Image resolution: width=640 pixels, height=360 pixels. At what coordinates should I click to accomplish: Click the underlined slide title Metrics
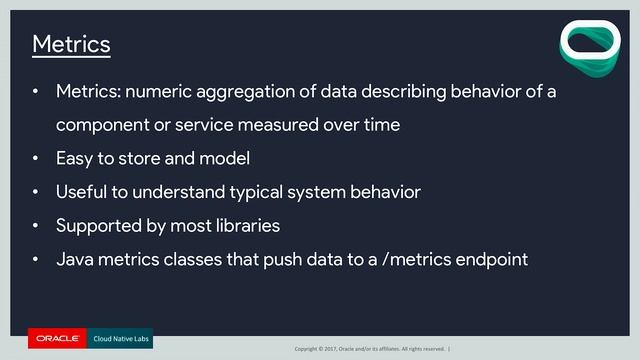tap(71, 45)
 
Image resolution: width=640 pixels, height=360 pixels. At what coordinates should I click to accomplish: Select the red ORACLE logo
tap(57, 339)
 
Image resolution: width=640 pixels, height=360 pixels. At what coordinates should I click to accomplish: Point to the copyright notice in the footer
tap(370, 348)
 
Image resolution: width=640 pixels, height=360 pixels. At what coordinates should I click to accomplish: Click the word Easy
tap(75, 158)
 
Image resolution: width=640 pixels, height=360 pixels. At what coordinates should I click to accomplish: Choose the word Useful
tap(83, 191)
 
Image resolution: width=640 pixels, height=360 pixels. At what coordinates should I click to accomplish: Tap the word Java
tap(75, 259)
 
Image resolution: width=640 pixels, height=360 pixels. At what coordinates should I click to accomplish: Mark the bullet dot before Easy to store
tap(36, 159)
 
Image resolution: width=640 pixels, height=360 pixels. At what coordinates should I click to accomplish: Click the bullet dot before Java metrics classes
tap(36, 260)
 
